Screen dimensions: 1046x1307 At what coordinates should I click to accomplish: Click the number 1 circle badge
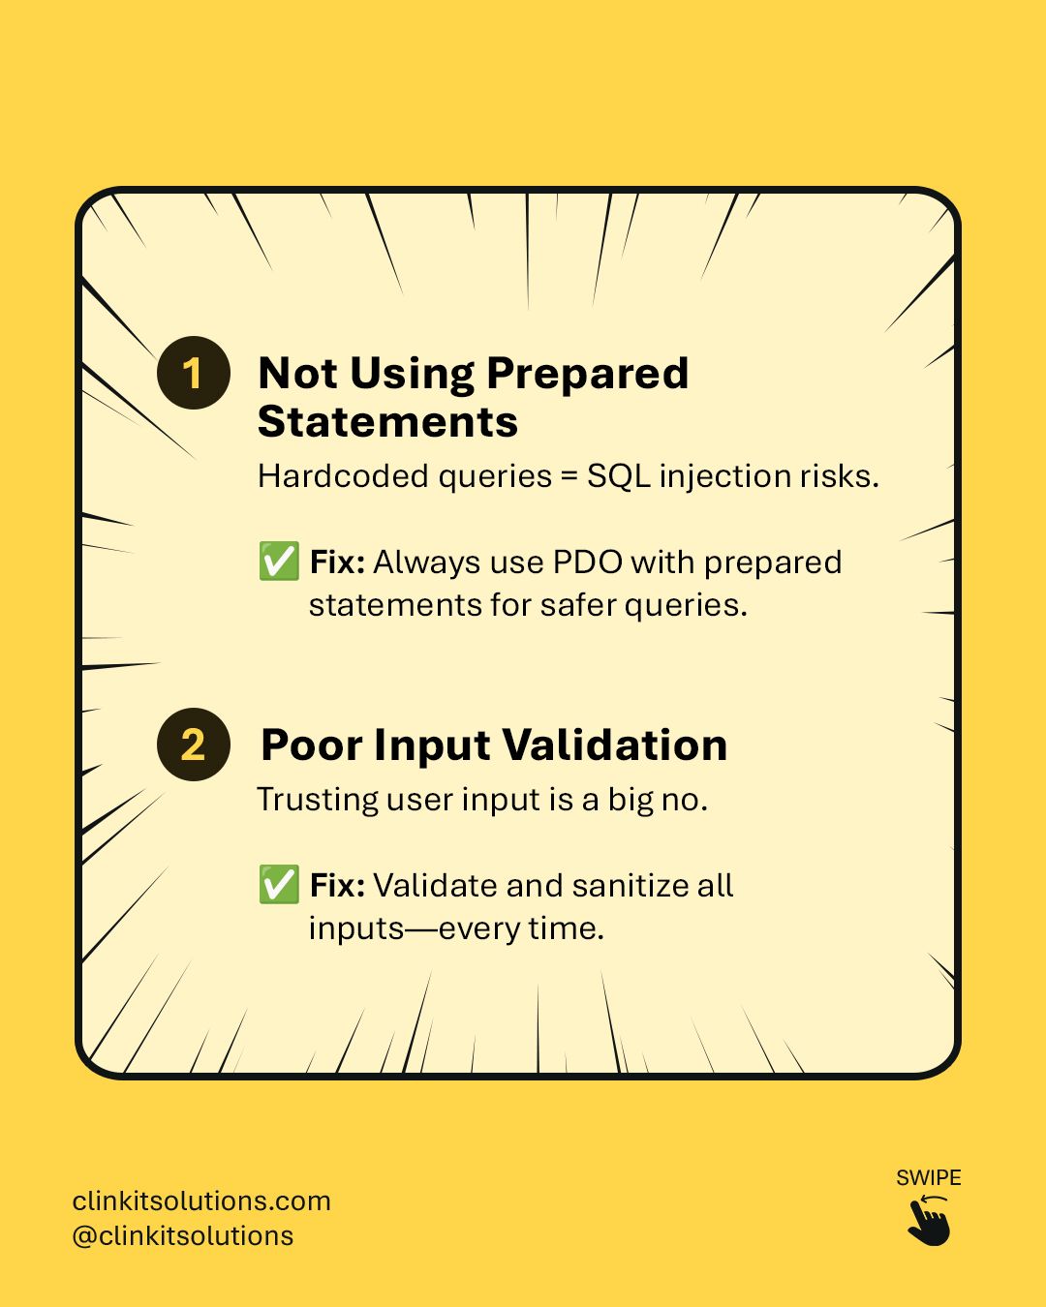point(194,373)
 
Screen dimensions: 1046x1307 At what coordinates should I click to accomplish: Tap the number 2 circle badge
point(194,744)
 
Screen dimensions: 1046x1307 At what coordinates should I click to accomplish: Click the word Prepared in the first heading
point(588,374)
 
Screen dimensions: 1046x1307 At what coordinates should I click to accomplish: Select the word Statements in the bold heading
point(387,421)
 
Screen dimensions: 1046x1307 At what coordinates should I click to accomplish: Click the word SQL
point(618,476)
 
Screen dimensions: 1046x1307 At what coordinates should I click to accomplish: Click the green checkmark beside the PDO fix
point(279,562)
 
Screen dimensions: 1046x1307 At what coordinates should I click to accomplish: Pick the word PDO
point(588,562)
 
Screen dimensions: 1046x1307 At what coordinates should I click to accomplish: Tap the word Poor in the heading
point(312,745)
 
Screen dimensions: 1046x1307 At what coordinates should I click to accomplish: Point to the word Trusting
point(318,800)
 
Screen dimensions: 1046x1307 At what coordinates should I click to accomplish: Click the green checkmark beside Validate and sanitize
point(279,884)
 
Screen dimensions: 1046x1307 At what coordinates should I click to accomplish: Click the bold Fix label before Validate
point(337,886)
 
